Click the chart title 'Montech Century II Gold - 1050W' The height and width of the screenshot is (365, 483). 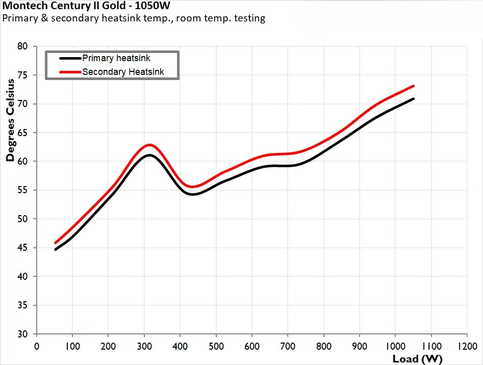tap(87, 6)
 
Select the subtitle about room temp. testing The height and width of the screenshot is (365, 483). tap(134, 18)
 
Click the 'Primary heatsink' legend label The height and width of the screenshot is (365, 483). tap(116, 59)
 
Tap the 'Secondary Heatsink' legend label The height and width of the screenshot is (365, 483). tap(123, 72)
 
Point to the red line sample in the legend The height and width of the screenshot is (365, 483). tap(66, 72)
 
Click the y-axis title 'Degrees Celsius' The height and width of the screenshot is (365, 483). tap(10, 121)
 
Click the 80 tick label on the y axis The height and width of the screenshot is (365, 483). tap(22, 46)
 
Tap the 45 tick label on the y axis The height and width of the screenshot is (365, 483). tap(22, 248)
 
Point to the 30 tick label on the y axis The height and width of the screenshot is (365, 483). tap(22, 334)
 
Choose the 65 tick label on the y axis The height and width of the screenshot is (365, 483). tap(22, 133)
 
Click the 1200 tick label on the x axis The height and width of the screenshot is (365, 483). tap(467, 345)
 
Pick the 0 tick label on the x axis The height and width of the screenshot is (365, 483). tap(36, 345)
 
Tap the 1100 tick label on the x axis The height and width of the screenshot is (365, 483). tap(431, 345)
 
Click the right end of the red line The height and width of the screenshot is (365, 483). tap(413, 86)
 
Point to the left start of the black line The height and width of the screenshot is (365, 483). tap(55, 249)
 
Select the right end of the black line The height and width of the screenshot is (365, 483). tap(413, 98)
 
